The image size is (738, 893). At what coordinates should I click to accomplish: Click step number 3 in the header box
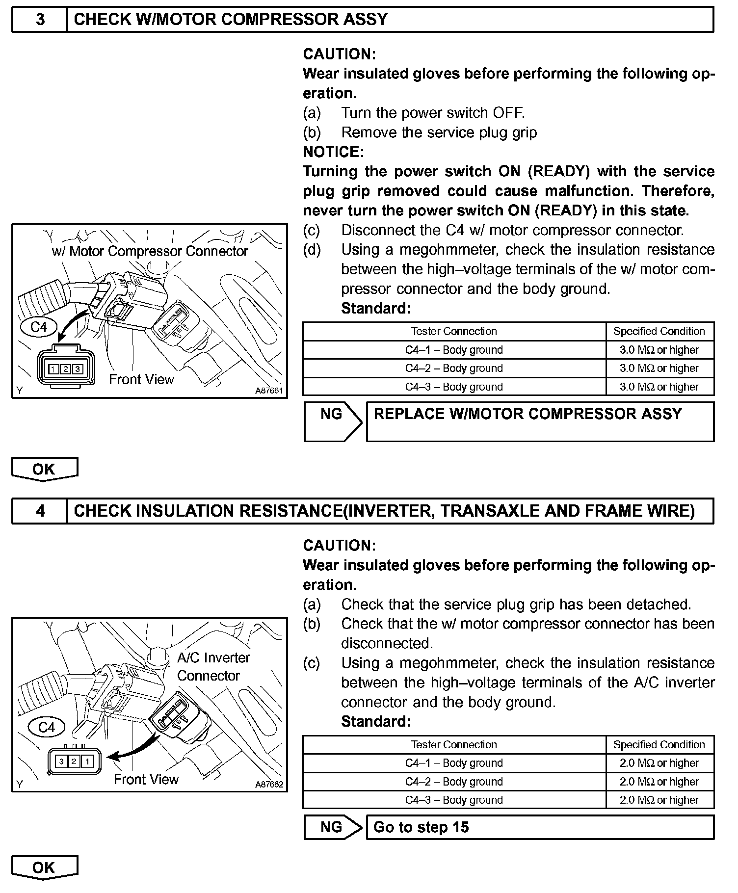[40, 19]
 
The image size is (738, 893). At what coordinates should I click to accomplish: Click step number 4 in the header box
[40, 511]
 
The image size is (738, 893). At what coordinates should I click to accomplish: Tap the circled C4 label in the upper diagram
[39, 327]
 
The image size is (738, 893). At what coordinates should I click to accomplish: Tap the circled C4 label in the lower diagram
[46, 727]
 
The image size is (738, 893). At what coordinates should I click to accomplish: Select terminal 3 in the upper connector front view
[78, 369]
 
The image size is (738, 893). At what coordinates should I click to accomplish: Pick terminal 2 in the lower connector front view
[74, 762]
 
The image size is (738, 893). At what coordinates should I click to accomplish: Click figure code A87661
[269, 391]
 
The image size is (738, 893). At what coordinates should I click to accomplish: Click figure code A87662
[269, 785]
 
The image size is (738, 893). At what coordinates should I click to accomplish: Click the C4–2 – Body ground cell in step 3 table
[454, 368]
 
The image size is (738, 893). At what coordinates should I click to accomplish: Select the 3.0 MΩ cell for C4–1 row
[659, 350]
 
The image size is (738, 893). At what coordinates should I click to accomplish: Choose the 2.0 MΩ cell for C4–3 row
[659, 800]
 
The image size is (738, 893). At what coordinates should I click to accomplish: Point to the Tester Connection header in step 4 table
[454, 745]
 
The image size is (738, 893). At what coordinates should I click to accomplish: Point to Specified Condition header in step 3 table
[659, 332]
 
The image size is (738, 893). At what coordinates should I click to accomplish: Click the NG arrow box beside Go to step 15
[332, 827]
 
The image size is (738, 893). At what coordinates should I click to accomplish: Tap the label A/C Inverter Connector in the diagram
[213, 666]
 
